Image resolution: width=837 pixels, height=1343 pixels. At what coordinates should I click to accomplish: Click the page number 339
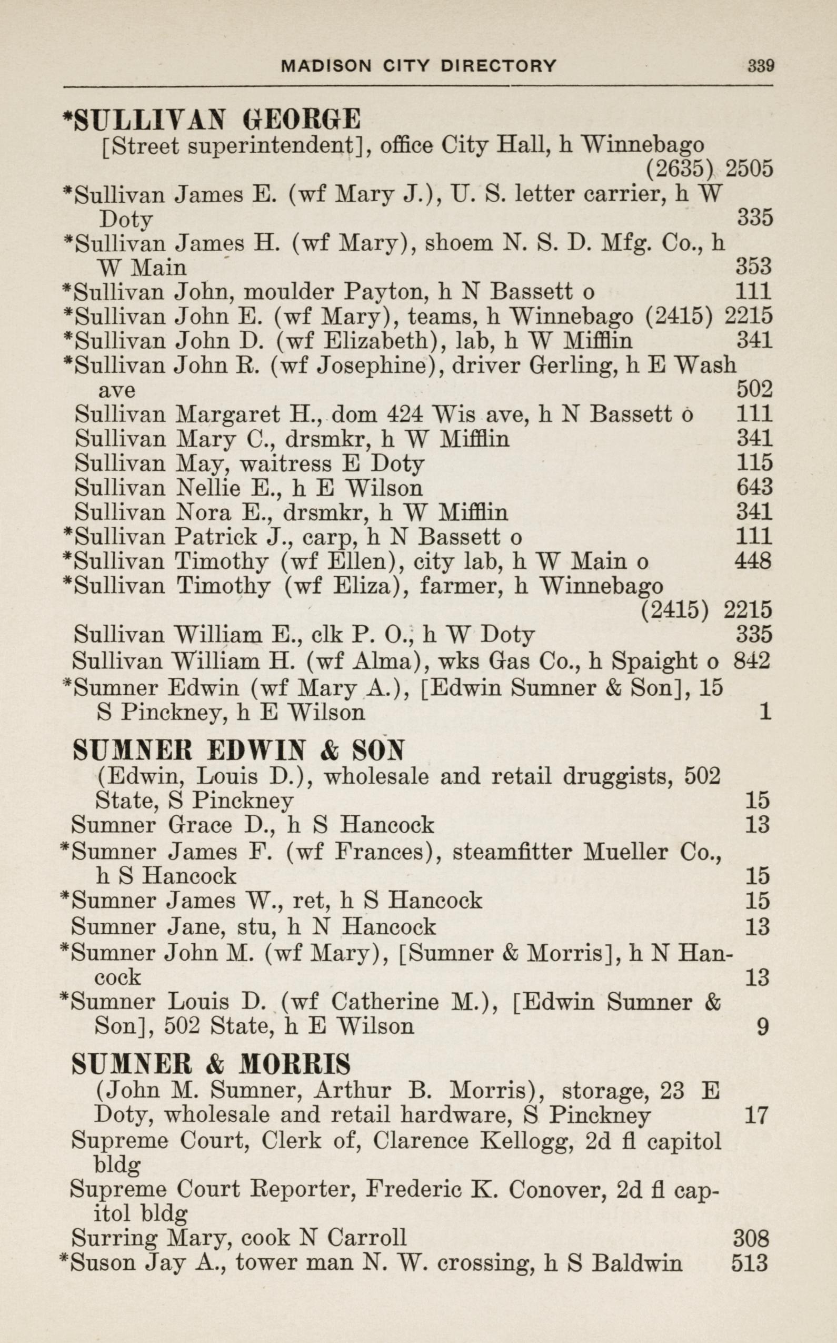[761, 66]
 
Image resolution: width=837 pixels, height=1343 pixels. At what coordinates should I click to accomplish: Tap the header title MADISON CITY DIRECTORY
[418, 66]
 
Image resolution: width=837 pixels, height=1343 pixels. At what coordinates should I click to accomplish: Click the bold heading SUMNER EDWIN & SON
[238, 751]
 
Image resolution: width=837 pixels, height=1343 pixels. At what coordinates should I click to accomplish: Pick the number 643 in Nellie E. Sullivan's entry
[754, 487]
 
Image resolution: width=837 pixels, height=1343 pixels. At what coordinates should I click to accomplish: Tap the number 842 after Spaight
[752, 660]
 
